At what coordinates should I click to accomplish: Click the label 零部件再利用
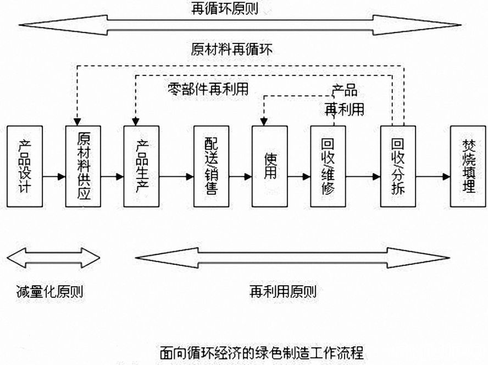click(207, 89)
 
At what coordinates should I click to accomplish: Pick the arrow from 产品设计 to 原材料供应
click(53, 177)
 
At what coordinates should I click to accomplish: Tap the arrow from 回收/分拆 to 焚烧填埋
click(433, 177)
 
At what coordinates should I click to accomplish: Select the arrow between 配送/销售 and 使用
click(240, 177)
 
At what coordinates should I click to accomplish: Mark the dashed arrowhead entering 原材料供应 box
click(77, 122)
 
